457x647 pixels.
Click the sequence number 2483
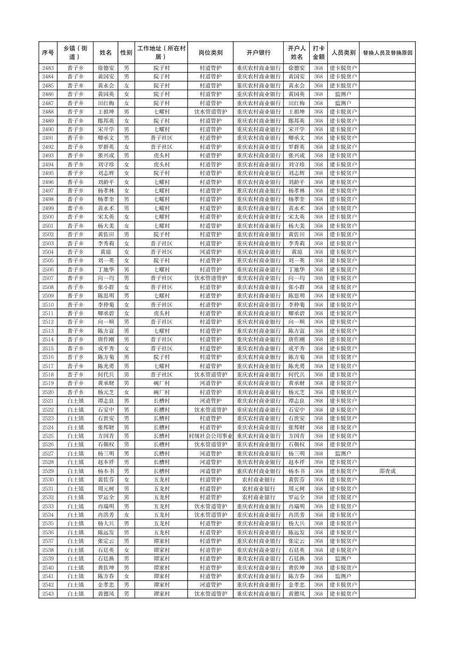pos(48,68)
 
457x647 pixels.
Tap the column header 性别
pos(126,53)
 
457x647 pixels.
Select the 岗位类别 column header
pos(210,53)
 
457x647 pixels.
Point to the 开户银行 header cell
pos(258,53)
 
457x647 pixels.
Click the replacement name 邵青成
pos(387,471)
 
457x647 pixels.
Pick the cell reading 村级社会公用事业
pos(210,436)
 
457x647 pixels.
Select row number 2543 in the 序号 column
pos(48,594)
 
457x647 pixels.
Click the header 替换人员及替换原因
pos(387,53)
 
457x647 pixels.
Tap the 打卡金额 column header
pos(318,53)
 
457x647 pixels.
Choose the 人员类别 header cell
pos(343,53)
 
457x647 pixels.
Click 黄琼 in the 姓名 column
pos(106,252)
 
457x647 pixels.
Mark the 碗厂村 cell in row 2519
pos(161,384)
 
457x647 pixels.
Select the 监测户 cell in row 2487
pos(343,103)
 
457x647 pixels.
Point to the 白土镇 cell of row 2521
pos(75,401)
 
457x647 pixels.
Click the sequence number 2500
pos(48,217)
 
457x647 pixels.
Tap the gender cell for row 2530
pos(126,480)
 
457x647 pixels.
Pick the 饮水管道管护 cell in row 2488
pos(210,112)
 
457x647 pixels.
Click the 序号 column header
pos(48,53)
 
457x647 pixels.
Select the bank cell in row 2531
pos(258,489)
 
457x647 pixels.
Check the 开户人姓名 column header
pos(297,53)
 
